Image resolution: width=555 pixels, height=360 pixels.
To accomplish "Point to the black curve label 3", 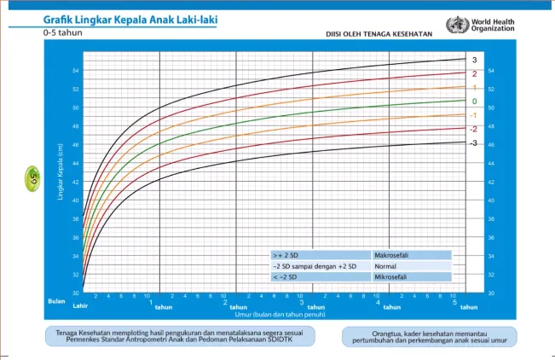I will pyautogui.click(x=475, y=60).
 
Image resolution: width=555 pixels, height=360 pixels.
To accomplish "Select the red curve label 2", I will pyautogui.click(x=475, y=74).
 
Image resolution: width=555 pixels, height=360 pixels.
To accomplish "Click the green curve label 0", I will pyautogui.click(x=475, y=102).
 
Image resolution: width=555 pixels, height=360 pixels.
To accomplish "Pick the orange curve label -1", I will pyautogui.click(x=473, y=115).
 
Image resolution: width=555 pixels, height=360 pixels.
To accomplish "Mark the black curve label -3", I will pyautogui.click(x=473, y=142).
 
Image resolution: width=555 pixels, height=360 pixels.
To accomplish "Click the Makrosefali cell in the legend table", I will pyautogui.click(x=412, y=255).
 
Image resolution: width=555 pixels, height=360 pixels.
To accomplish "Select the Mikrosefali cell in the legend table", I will pyautogui.click(x=412, y=277).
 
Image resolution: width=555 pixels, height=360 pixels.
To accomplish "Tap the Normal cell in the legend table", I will pyautogui.click(x=412, y=266).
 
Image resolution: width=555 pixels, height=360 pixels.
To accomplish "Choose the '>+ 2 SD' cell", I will pyautogui.click(x=320, y=255).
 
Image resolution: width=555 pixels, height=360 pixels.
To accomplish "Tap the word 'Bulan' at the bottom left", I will pyautogui.click(x=55, y=300).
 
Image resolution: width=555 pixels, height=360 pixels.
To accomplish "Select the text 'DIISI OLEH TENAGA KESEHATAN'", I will pyautogui.click(x=379, y=35).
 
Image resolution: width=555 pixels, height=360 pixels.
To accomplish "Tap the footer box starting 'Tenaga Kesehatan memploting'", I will pyautogui.click(x=179, y=337).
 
